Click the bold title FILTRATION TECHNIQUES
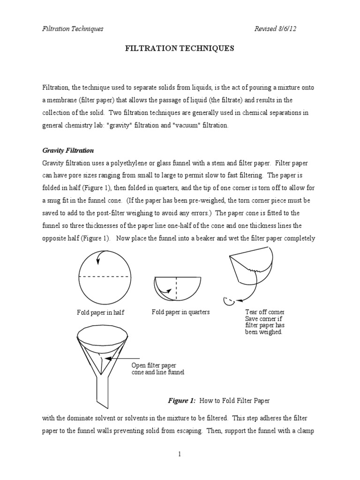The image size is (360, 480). pos(180,48)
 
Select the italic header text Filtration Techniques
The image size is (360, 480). pos(73,29)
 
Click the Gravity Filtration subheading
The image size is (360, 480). pos(68,150)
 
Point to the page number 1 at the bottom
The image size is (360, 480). pos(180,453)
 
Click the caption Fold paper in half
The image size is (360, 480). pos(101,313)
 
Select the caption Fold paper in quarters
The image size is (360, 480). pos(180,312)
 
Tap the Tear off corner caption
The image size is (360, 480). pos(264,312)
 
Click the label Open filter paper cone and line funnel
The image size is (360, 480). pos(157,368)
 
